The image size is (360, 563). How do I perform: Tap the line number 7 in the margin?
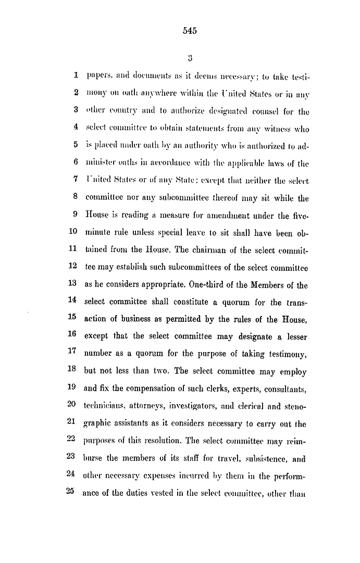[76, 180]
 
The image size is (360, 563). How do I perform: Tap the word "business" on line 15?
[132, 320]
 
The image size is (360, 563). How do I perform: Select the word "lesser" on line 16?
[296, 337]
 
